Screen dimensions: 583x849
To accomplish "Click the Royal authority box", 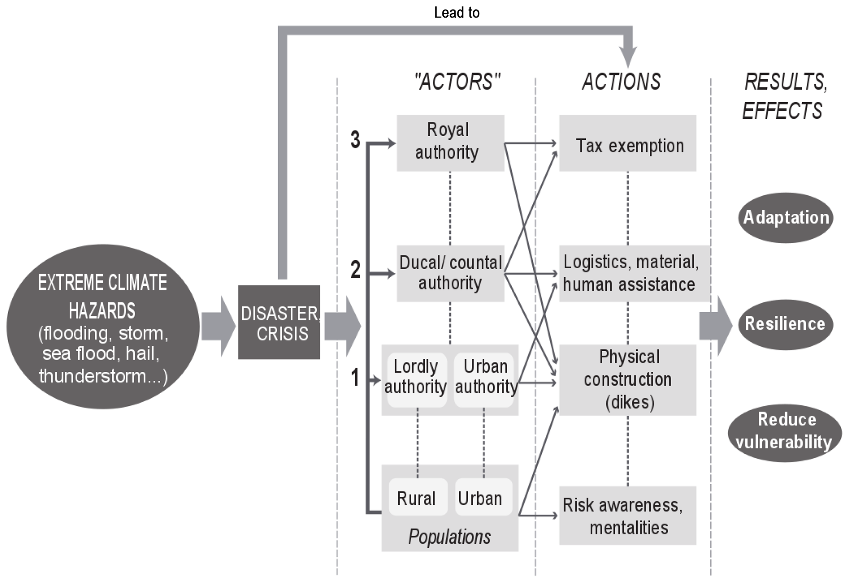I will coord(450,142).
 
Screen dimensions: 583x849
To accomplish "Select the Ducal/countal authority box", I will coord(450,273).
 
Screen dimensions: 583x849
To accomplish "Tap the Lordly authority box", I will coord(416,379).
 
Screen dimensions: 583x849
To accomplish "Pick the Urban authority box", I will coord(484,379).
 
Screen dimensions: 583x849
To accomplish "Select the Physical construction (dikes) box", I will coord(627,380).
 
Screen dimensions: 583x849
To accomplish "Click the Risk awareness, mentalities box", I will coord(627,515).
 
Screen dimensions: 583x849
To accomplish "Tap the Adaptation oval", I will coord(785,217).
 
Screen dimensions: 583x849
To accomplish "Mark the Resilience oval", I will coord(785,324).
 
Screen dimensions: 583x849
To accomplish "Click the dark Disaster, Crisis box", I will coord(279,322).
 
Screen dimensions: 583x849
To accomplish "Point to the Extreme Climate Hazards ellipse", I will coord(103,327).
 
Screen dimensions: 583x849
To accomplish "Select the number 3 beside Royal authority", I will coord(355,139).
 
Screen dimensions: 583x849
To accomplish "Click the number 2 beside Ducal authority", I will coord(355,270).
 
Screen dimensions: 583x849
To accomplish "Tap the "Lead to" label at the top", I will coord(456,13).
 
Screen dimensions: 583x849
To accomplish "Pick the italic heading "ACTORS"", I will coord(457,82).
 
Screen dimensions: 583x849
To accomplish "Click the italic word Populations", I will coord(449,536).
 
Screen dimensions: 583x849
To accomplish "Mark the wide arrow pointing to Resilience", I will coord(715,326).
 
